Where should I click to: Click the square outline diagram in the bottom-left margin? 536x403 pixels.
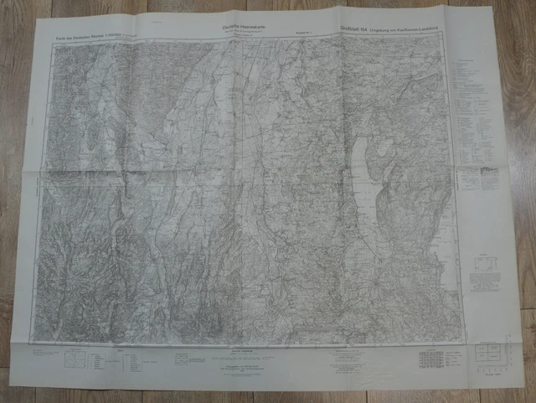point(75,359)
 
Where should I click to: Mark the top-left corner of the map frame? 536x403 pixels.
point(55,44)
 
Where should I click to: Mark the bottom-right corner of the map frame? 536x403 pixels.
point(461,341)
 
